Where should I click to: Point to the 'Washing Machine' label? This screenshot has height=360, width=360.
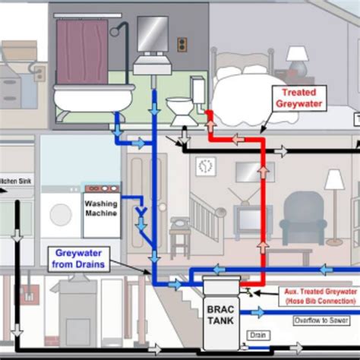(x=102, y=208)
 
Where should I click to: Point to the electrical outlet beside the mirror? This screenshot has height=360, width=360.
(x=182, y=45)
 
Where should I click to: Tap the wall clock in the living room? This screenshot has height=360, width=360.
(x=204, y=166)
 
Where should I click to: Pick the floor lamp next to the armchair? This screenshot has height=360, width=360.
(x=333, y=197)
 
